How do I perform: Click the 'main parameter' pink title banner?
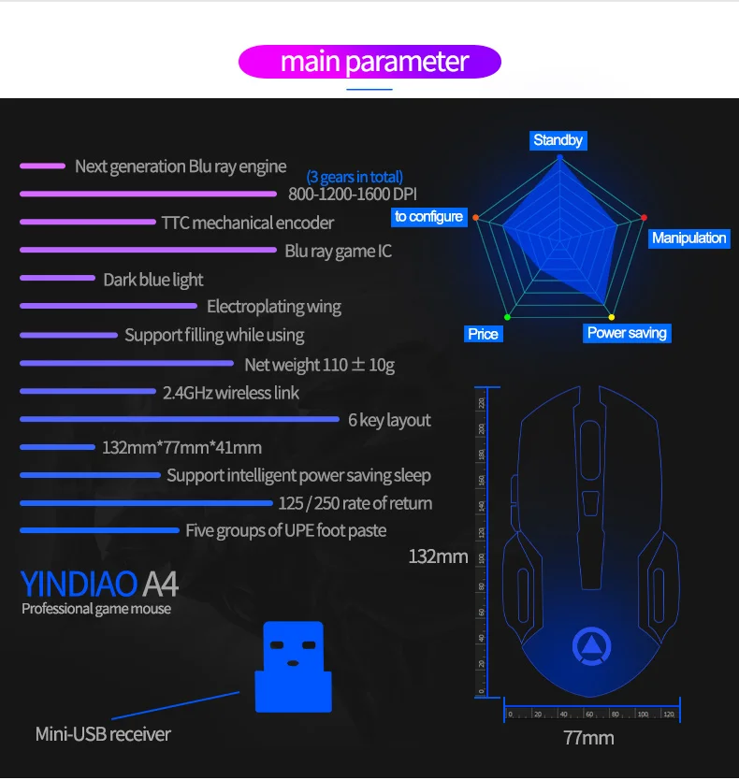[x=369, y=62]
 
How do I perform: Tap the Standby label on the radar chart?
[x=558, y=140]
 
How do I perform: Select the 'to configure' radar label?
[x=428, y=216]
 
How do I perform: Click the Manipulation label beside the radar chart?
[x=688, y=238]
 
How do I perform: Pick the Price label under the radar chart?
[x=483, y=334]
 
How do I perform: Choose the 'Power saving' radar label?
[x=627, y=333]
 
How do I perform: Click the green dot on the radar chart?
[x=507, y=316]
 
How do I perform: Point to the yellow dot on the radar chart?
[x=612, y=316]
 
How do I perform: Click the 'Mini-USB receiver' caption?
[x=103, y=734]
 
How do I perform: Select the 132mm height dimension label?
[x=438, y=557]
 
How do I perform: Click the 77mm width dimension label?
[x=588, y=738]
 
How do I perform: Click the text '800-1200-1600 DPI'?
[x=353, y=195]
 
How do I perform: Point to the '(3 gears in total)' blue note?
[x=355, y=177]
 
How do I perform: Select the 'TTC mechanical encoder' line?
[x=247, y=223]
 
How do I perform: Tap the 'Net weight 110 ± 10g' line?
[x=319, y=365]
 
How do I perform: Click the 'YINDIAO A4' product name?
[x=99, y=584]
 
